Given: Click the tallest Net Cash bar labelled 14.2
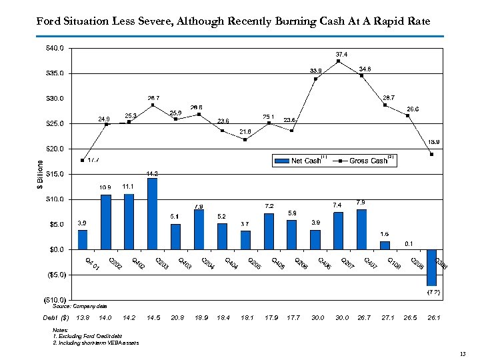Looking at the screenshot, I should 152,213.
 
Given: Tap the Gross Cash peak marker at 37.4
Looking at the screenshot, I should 339,61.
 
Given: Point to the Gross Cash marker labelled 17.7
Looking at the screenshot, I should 82,160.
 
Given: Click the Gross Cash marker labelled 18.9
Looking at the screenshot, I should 431,154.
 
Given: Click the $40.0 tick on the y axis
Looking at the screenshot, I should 55,48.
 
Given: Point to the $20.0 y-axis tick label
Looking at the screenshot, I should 55,149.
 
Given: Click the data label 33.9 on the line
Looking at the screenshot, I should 315,71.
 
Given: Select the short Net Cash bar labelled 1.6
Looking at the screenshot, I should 385,245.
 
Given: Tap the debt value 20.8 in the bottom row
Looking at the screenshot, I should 177,318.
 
